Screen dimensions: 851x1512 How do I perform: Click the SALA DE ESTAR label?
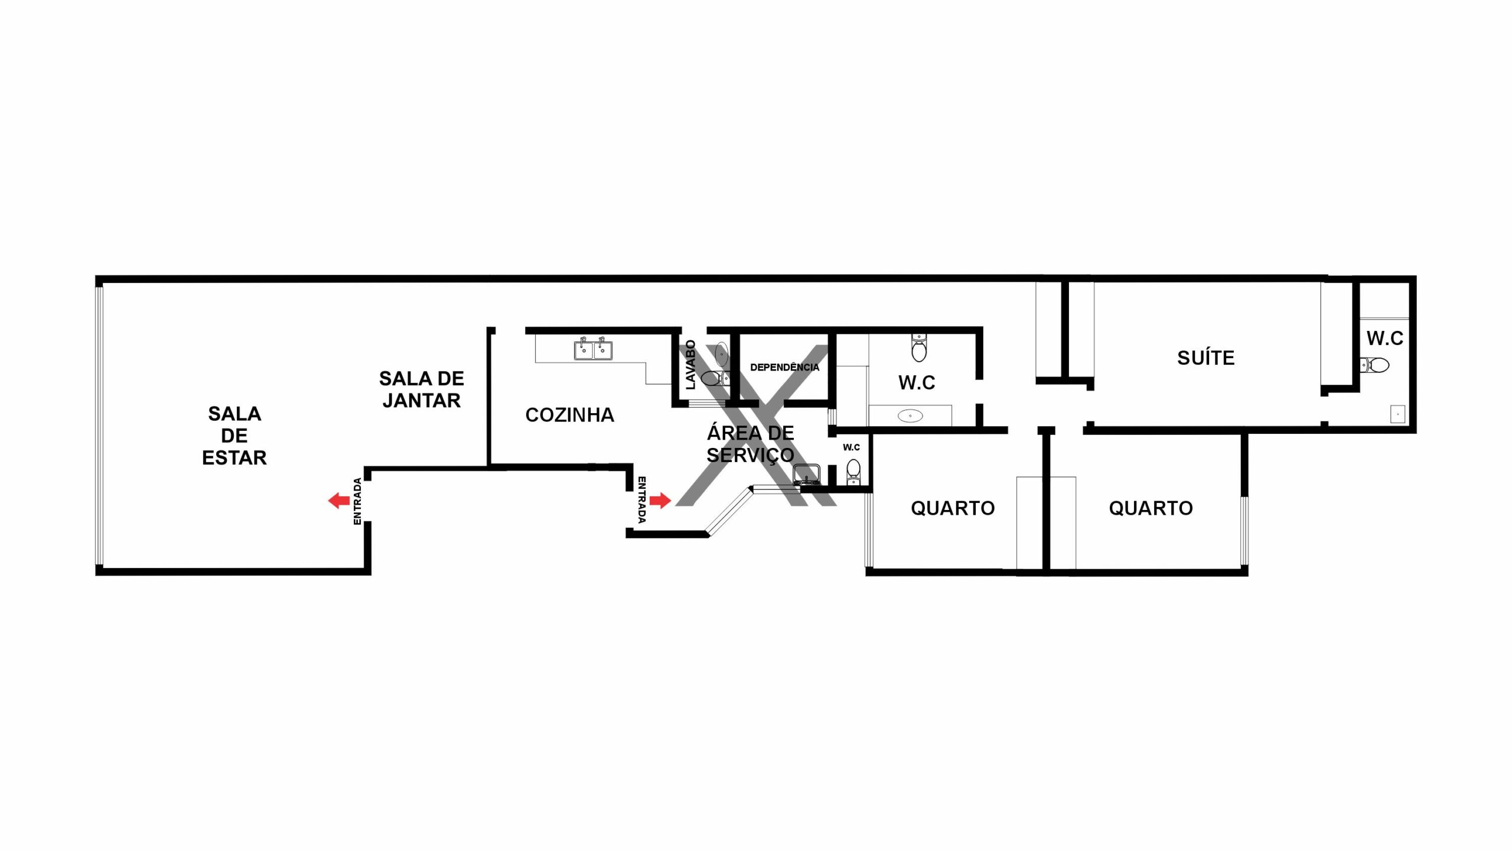point(234,436)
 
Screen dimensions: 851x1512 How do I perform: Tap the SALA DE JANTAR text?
point(421,389)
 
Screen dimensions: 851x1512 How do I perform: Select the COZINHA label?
point(569,415)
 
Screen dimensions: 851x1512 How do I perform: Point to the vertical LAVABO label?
point(690,365)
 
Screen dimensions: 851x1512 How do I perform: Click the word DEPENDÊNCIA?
point(784,367)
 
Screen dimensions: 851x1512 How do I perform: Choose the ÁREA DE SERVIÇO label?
point(750,444)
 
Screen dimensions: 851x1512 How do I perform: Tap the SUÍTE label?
point(1205,358)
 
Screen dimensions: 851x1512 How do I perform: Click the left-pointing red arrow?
point(339,501)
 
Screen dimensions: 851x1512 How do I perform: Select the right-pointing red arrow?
point(660,501)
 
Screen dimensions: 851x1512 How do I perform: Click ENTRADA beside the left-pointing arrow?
point(357,501)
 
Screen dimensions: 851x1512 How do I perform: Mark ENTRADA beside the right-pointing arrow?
point(642,500)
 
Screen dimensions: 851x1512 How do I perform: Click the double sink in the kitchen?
point(593,349)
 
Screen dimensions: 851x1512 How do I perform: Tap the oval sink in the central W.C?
point(910,416)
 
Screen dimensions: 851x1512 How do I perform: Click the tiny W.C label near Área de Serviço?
point(851,447)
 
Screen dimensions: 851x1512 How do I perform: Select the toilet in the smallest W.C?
point(853,472)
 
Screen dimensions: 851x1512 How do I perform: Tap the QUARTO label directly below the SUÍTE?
point(1151,508)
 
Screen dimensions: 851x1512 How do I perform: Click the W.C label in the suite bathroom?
point(1384,338)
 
